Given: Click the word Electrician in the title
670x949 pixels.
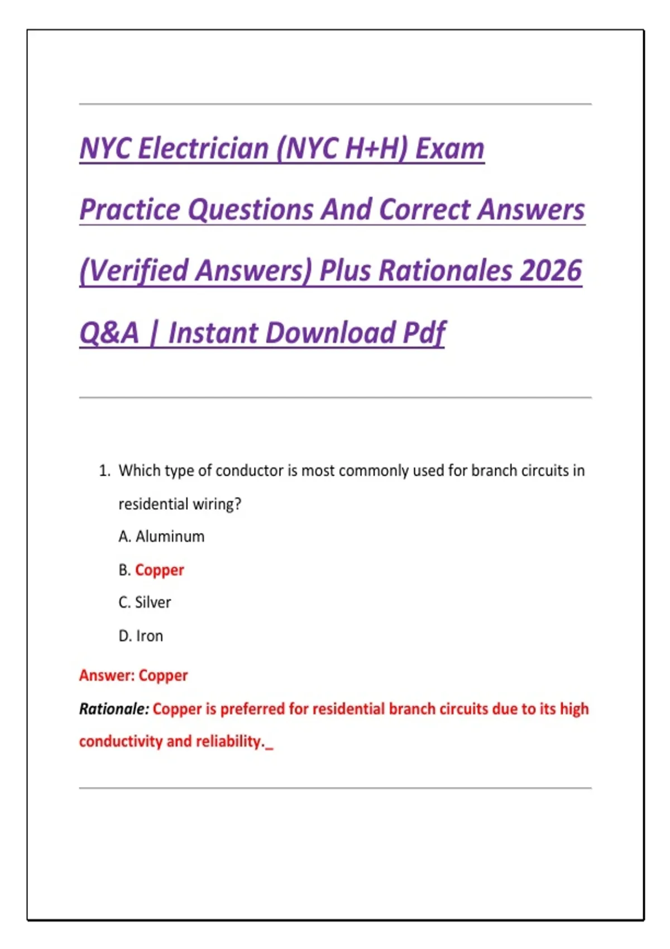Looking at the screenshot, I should point(203,149).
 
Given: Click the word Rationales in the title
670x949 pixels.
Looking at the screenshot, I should point(445,271).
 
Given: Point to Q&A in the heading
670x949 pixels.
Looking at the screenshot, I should point(109,333).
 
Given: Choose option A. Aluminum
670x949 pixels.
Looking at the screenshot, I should point(161,536).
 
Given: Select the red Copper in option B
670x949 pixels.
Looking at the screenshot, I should point(160,570).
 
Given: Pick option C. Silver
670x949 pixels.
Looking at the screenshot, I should point(145,602).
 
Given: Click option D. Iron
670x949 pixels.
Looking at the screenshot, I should point(141,636).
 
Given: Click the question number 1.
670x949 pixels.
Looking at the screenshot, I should point(104,471).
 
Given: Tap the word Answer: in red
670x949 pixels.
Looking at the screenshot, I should point(107,675).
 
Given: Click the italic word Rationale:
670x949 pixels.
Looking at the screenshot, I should point(114,709).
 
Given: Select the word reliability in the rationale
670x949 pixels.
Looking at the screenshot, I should point(229,741).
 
